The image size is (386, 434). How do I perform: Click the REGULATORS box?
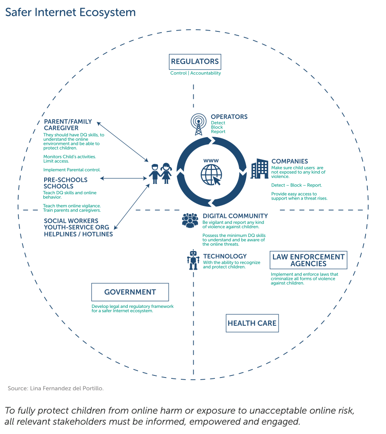[195, 62]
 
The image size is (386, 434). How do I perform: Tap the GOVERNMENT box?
[130, 292]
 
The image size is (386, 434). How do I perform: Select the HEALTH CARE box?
[252, 323]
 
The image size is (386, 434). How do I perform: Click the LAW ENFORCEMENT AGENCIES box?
[308, 260]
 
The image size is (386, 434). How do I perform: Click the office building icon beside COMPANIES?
[259, 169]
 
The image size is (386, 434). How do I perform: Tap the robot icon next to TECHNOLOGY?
[194, 260]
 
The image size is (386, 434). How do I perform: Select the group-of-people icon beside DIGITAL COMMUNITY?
[190, 220]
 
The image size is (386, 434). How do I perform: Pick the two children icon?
[160, 173]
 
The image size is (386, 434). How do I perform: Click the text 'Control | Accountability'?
[195, 73]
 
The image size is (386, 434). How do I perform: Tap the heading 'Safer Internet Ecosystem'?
[70, 12]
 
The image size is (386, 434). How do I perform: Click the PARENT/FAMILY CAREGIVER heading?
[68, 125]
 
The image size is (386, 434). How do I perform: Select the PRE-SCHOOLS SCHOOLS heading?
[65, 183]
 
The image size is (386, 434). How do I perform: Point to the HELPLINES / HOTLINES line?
[78, 234]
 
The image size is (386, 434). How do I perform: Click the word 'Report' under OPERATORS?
[218, 132]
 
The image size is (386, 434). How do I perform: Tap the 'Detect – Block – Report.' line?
[296, 185]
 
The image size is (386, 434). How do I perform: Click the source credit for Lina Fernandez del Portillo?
[56, 389]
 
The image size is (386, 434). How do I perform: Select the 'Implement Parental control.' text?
[72, 170]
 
